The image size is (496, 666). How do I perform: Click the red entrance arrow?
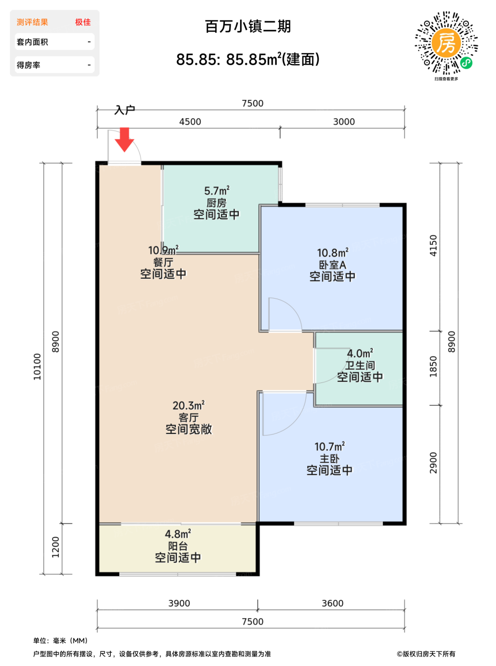[x=124, y=140]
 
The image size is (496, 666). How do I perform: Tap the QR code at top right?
[x=446, y=43]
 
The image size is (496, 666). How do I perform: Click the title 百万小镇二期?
[x=248, y=27]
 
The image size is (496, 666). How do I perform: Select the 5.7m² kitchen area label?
[x=217, y=191]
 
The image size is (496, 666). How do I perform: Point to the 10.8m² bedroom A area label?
[x=333, y=253]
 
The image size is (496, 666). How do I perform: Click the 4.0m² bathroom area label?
[x=360, y=353]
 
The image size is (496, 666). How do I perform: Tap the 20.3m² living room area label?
[x=188, y=405]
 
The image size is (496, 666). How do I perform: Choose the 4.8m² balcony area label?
[x=178, y=534]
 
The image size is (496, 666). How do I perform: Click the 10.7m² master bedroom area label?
[x=330, y=447]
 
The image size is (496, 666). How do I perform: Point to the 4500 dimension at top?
[x=190, y=122]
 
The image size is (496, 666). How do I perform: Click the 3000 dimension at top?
[x=344, y=122]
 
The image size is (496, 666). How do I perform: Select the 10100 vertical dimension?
[x=37, y=367]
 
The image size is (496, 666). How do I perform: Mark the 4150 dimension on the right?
[x=433, y=245]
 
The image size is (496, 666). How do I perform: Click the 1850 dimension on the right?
[x=433, y=366]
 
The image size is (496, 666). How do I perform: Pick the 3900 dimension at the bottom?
[x=179, y=603]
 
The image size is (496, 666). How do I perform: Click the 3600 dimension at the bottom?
[x=333, y=603]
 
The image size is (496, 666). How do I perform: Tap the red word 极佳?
[x=83, y=22]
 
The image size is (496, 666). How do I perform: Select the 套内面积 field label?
[x=32, y=42]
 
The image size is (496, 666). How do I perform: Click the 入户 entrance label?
[x=125, y=110]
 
